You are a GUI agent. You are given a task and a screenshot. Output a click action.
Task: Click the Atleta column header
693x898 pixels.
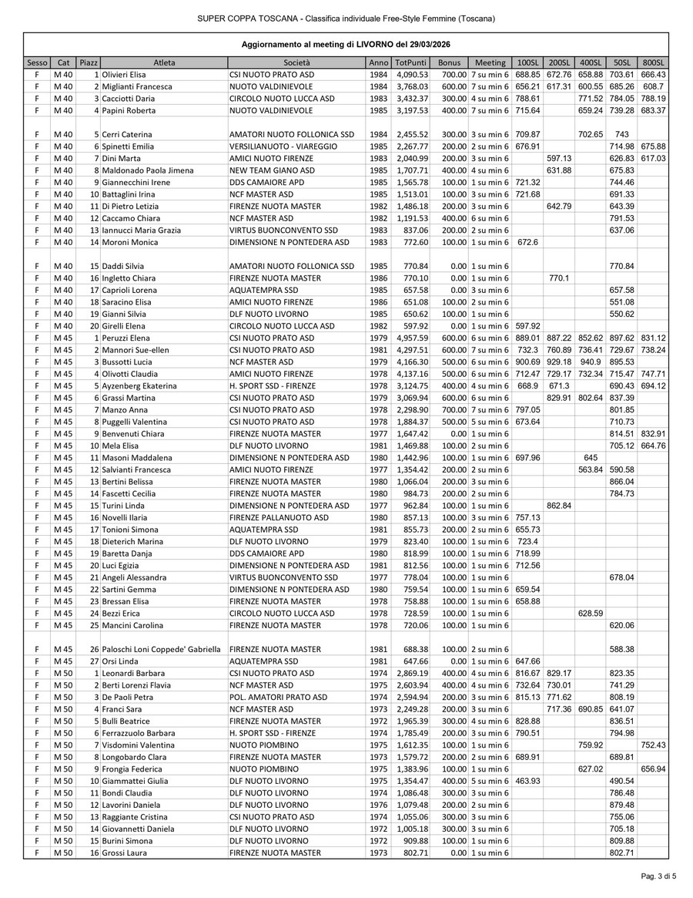(163, 62)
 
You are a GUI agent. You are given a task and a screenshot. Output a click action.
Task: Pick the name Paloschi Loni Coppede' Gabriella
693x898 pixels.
(161, 649)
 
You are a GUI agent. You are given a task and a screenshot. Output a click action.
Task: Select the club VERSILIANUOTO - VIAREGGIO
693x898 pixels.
(279, 146)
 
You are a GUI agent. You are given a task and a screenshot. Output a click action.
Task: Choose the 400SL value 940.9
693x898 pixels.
(590, 362)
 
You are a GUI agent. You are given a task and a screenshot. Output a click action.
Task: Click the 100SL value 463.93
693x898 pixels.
(527, 781)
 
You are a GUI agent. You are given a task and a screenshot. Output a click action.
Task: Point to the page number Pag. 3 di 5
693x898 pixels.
(658, 876)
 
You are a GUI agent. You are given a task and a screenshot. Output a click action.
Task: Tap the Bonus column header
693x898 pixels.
(449, 62)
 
